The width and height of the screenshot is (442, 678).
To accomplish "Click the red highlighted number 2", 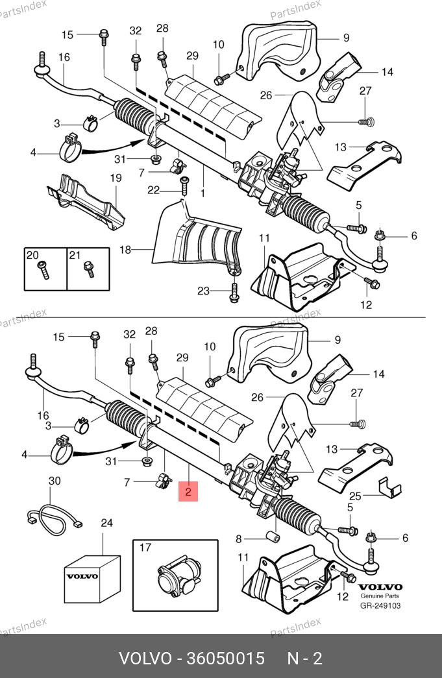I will pyautogui.click(x=188, y=492).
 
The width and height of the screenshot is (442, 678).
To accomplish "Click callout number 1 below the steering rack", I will pyautogui.click(x=203, y=193).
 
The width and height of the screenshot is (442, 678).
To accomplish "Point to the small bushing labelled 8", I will pyautogui.click(x=274, y=538).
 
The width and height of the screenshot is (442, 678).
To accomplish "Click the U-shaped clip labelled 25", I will pyautogui.click(x=389, y=486).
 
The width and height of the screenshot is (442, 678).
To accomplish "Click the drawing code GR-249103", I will pyautogui.click(x=381, y=606).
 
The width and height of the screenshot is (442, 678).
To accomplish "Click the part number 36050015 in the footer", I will pyautogui.click(x=225, y=659).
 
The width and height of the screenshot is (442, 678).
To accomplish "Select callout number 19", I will pyautogui.click(x=116, y=178).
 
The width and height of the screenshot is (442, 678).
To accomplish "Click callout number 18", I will pyautogui.click(x=125, y=248).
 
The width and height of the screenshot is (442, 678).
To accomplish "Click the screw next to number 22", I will pyautogui.click(x=184, y=186).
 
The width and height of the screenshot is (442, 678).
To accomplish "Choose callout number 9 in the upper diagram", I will pyautogui.click(x=346, y=38).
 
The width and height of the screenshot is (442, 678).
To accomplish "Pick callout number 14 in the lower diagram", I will pyautogui.click(x=378, y=374).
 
